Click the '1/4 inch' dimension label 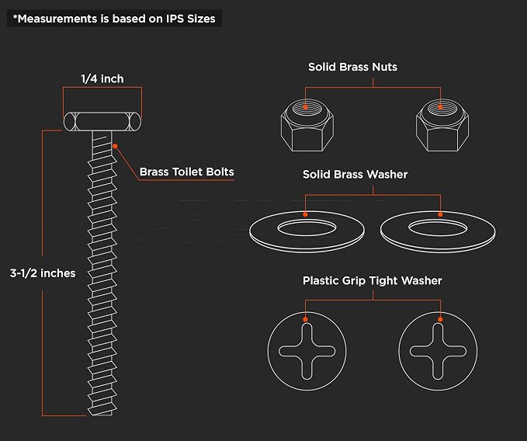102,79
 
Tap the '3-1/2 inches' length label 43,273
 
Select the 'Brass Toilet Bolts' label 186,172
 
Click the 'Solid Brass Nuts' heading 352,67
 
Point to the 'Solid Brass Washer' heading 355,175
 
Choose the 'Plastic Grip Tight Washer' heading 372,280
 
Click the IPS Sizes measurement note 114,19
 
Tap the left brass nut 307,125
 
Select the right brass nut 442,125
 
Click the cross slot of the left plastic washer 307,351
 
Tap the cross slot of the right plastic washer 438,351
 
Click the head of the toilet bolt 102,121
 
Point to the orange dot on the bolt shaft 115,146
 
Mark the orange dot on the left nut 305,107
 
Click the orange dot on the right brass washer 440,214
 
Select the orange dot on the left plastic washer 305,319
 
